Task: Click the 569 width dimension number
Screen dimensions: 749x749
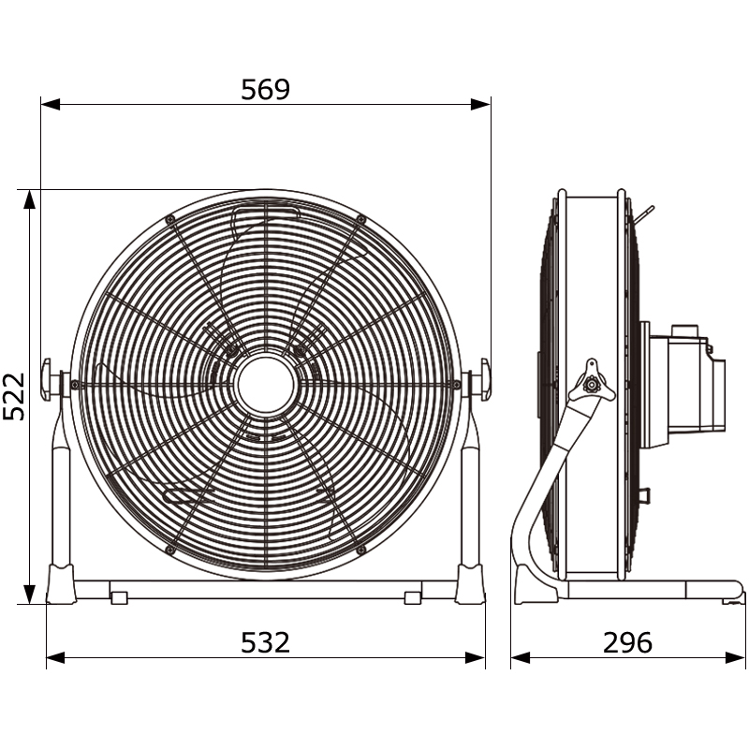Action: click(x=265, y=89)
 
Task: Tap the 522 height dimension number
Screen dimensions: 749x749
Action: click(x=14, y=396)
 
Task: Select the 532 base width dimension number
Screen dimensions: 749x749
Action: click(x=265, y=642)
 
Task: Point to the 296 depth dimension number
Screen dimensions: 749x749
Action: click(x=627, y=642)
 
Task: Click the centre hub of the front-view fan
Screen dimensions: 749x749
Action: click(x=266, y=384)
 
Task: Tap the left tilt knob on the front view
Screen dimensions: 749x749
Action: click(x=46, y=379)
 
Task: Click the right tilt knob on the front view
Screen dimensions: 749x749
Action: click(x=484, y=379)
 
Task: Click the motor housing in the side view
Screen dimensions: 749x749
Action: click(x=683, y=385)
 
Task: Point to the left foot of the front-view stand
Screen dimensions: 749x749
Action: click(x=61, y=583)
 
